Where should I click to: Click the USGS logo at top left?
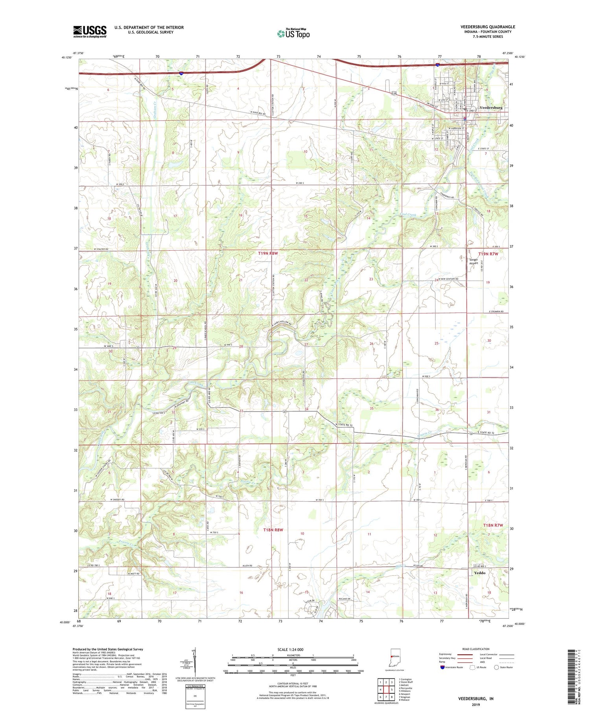90,31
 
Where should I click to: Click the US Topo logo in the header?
293,34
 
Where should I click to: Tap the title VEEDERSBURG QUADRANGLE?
488,27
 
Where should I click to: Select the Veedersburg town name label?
491,107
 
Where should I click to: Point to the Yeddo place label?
479,573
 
